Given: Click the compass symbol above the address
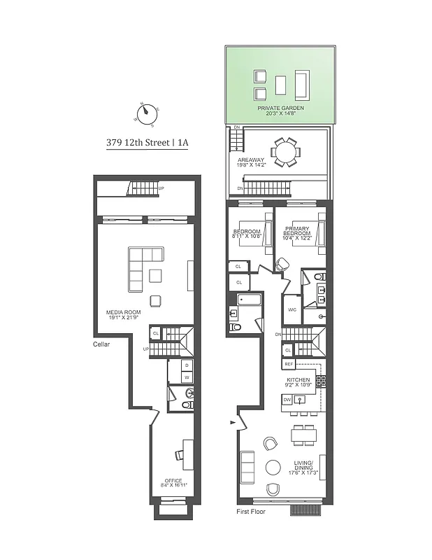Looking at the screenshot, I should (x=146, y=113).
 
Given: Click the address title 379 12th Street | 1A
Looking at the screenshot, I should (x=147, y=142).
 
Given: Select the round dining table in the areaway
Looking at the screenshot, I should (x=285, y=152).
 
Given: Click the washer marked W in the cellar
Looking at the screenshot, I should (x=187, y=377).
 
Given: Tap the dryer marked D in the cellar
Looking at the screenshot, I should (x=187, y=365).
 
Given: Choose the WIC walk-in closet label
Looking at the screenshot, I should (x=291, y=308).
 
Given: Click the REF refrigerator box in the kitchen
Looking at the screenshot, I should (x=289, y=365).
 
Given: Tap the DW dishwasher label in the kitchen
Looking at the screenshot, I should (x=287, y=400).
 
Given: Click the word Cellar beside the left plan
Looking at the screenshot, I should (x=103, y=344).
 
